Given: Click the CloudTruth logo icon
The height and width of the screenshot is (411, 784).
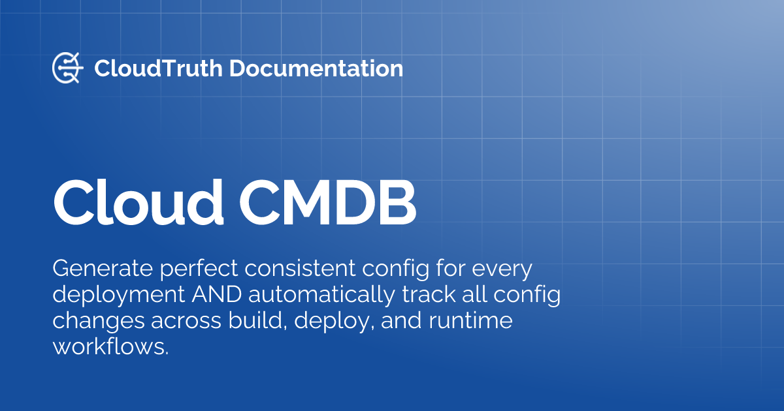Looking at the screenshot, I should [x=67, y=68].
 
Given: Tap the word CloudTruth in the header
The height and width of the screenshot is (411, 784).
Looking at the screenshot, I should [x=158, y=68].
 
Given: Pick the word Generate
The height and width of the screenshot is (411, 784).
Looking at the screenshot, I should [x=100, y=269].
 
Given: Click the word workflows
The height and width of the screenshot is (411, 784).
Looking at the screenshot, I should [x=110, y=346].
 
